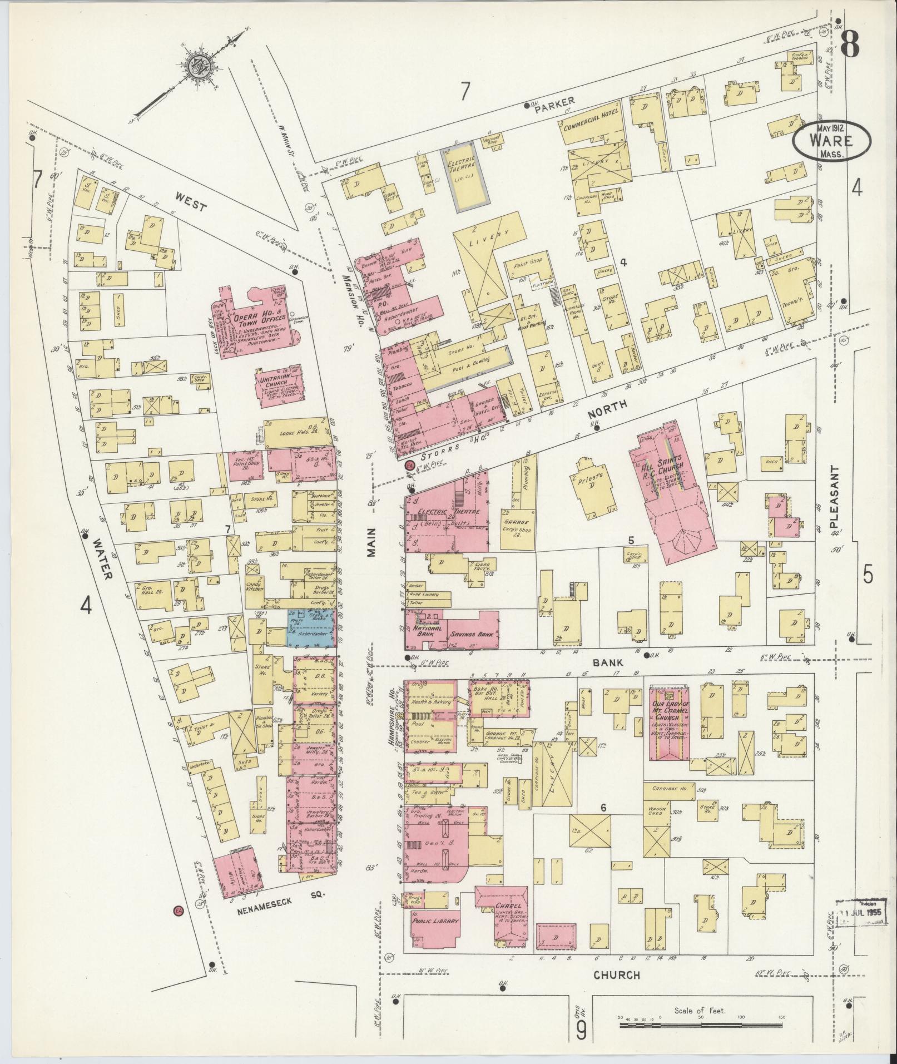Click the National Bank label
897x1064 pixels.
[x=427, y=630]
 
